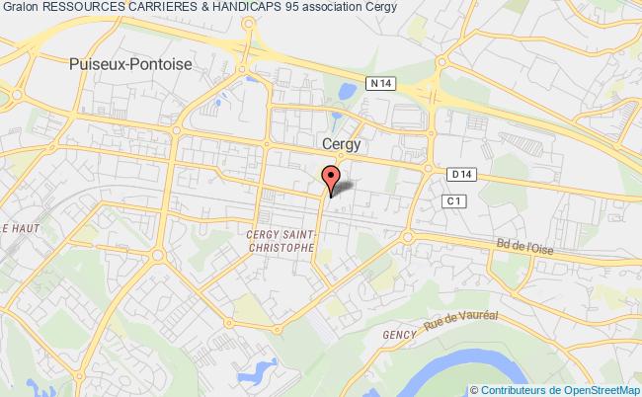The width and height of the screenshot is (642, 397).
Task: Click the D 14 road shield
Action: click(x=455, y=175)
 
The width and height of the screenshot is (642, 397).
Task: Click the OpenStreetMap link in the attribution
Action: click(x=599, y=389)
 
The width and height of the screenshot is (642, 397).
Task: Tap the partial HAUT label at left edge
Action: click(x=18, y=229)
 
